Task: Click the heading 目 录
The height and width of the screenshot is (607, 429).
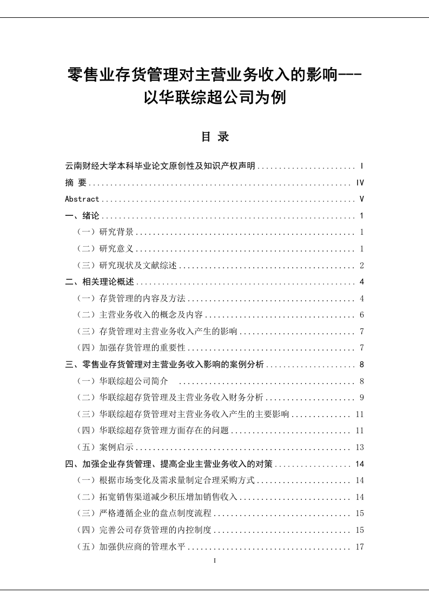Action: [215, 137]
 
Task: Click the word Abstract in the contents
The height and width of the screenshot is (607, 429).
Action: [82, 199]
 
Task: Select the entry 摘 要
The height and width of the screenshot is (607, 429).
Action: [76, 183]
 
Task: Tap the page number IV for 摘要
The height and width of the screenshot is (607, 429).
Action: [360, 183]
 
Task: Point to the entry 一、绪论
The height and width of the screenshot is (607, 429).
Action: [82, 216]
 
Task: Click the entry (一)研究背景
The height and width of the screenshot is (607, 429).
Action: [106, 233]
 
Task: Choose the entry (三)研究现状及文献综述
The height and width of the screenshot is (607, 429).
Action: [128, 266]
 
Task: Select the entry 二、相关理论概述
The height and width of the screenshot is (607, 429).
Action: [100, 282]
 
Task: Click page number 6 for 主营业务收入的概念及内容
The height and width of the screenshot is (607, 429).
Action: [361, 315]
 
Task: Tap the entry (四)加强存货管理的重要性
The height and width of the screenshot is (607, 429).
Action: [132, 348]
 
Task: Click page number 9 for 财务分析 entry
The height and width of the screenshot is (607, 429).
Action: [361, 398]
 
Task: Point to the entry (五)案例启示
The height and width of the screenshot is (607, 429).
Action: [106, 447]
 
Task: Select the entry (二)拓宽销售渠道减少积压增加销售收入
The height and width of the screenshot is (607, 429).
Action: [158, 497]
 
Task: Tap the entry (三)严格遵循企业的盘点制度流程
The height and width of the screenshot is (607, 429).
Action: [145, 513]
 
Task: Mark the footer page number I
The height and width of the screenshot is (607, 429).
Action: [215, 561]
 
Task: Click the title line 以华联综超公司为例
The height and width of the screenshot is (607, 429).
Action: [215, 98]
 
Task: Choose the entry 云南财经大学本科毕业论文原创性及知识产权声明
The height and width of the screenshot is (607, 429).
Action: [160, 166]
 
